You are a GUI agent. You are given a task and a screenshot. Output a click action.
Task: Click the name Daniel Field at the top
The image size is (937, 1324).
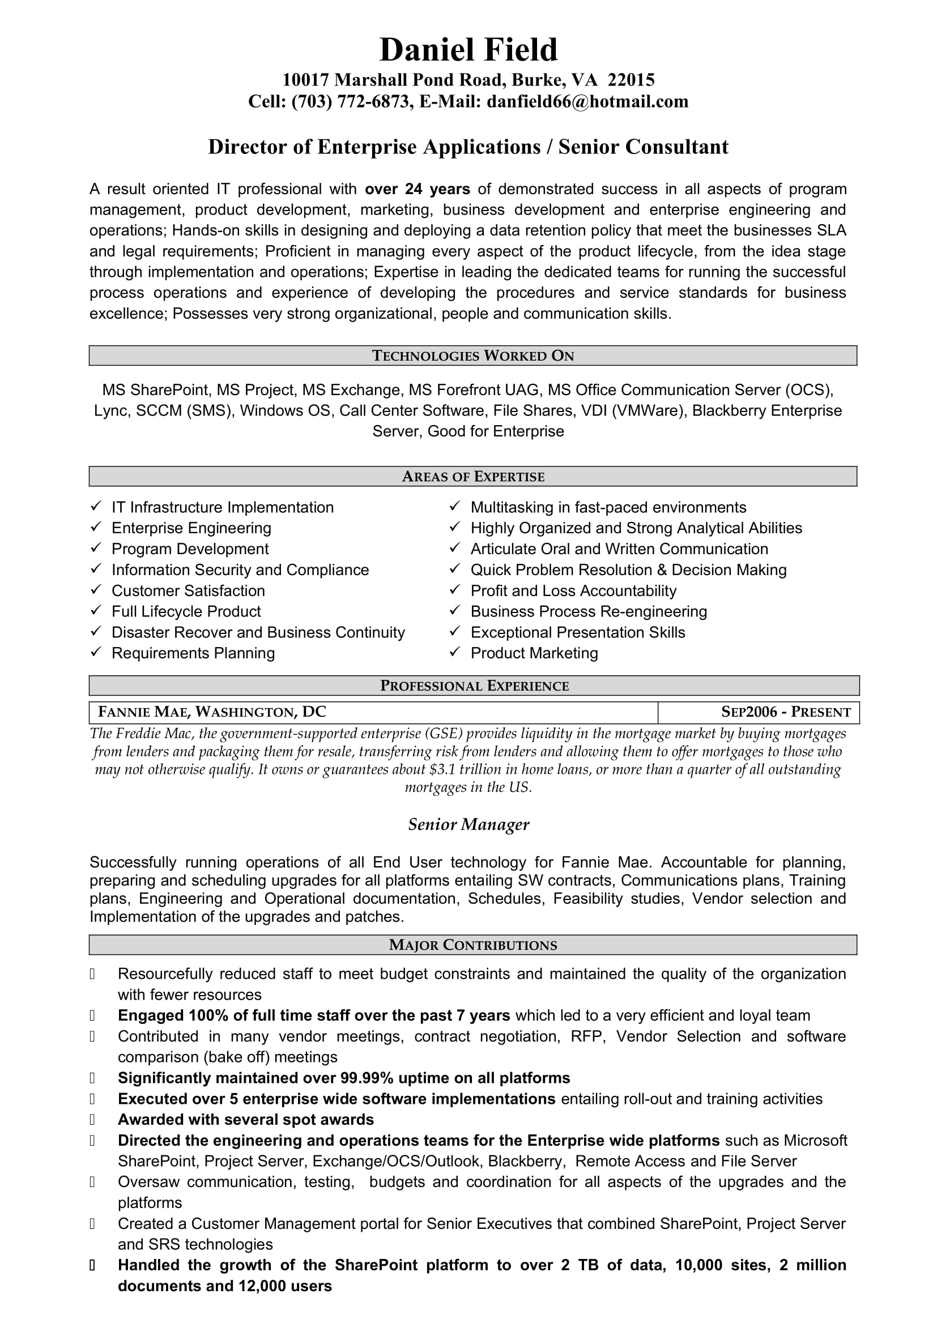point(468,50)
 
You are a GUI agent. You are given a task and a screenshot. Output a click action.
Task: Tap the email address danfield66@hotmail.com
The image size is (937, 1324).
point(587,101)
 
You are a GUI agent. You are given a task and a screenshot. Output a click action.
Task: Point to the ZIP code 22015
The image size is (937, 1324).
point(631,80)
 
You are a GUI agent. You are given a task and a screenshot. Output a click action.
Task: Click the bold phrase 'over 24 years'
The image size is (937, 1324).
point(417,189)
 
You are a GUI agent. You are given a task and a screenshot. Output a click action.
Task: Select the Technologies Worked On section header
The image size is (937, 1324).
point(472,356)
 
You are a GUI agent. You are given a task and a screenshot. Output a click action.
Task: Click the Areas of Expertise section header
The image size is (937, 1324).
point(472,476)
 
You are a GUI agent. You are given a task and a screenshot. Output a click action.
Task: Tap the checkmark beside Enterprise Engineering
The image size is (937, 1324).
point(96,528)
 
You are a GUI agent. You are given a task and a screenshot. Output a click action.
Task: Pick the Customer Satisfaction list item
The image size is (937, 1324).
point(188,590)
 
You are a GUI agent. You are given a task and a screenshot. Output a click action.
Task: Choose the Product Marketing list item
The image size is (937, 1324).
point(534,653)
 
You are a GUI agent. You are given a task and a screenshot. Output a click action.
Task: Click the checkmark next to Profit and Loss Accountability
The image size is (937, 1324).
point(455,590)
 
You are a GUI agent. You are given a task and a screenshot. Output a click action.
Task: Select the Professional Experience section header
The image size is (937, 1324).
point(474,685)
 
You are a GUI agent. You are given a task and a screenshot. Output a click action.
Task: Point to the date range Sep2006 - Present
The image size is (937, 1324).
point(786,712)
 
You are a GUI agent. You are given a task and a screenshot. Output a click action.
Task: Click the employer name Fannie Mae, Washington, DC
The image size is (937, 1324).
point(212,712)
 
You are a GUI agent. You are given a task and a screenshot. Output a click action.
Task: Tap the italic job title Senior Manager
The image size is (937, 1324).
point(468,825)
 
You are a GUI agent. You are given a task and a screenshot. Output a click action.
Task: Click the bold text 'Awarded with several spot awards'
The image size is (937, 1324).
point(246,1119)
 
